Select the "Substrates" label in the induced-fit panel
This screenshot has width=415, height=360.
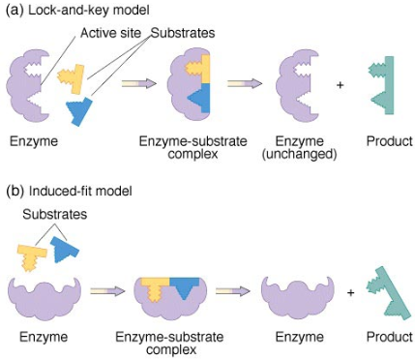click(48, 212)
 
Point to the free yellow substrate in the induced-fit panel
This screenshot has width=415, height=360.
click(32, 256)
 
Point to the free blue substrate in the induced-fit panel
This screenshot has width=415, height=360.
click(67, 250)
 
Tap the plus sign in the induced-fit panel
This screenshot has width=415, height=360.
click(350, 291)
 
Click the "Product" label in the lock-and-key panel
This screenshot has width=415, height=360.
click(389, 141)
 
